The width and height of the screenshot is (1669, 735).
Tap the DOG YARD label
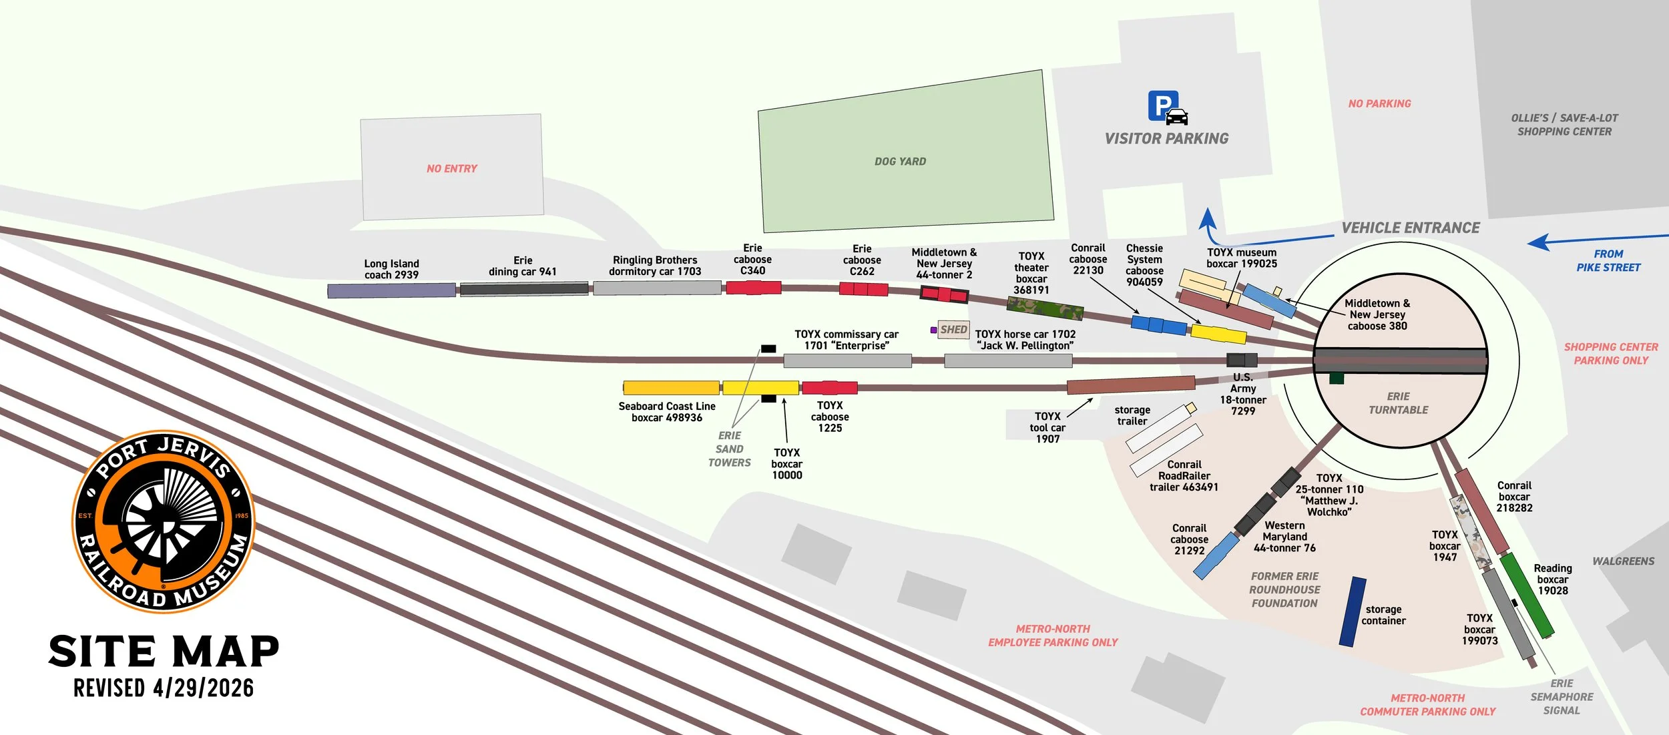pos(900,162)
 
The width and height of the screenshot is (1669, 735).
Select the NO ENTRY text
pos(452,169)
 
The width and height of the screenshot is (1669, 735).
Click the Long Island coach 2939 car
pos(391,290)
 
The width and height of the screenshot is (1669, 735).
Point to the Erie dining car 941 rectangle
pos(524,288)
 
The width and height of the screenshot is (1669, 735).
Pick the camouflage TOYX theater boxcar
pos(1045,309)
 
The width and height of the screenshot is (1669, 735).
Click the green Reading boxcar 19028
pos(1527,595)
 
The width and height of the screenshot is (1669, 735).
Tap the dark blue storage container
pos(1353,612)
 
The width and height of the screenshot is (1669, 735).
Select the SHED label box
pos(953,330)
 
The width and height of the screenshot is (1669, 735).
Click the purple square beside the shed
pos(933,330)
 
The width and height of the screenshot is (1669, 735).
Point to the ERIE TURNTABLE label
pos(1398,403)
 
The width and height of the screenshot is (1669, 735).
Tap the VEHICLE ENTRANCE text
pos(1411,228)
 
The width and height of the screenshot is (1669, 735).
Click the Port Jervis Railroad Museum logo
pos(164,521)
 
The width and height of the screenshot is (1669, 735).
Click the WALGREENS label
pos(1623,561)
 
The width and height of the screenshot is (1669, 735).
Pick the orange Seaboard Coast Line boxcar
pos(671,388)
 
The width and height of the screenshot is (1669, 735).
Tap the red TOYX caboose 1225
pos(829,388)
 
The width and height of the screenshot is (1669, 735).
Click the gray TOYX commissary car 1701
pos(847,361)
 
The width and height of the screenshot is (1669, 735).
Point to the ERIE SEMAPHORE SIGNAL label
pos(1562,697)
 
